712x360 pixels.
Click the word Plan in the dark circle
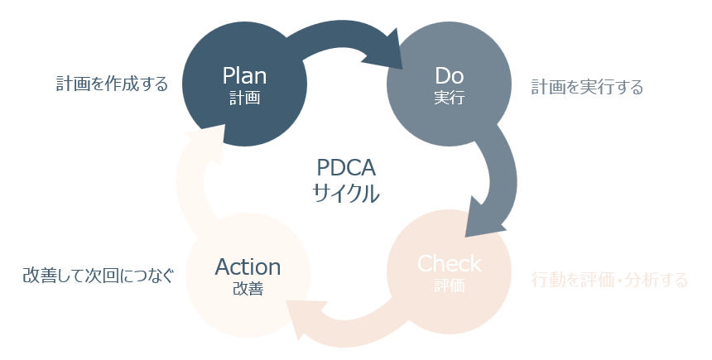[x=244, y=75]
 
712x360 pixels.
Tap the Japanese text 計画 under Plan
[x=244, y=98]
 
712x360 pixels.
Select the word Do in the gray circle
[x=450, y=75]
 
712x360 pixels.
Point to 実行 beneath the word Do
[x=450, y=98]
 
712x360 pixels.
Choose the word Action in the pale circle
[x=248, y=266]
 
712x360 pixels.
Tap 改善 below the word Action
[x=248, y=289]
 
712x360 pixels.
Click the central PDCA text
[x=346, y=168]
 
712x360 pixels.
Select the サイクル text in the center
[x=346, y=194]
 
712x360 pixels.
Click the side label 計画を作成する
[x=112, y=84]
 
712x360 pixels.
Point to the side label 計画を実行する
[x=587, y=87]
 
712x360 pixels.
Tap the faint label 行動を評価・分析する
[x=609, y=281]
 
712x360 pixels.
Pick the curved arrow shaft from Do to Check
[x=500, y=161]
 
